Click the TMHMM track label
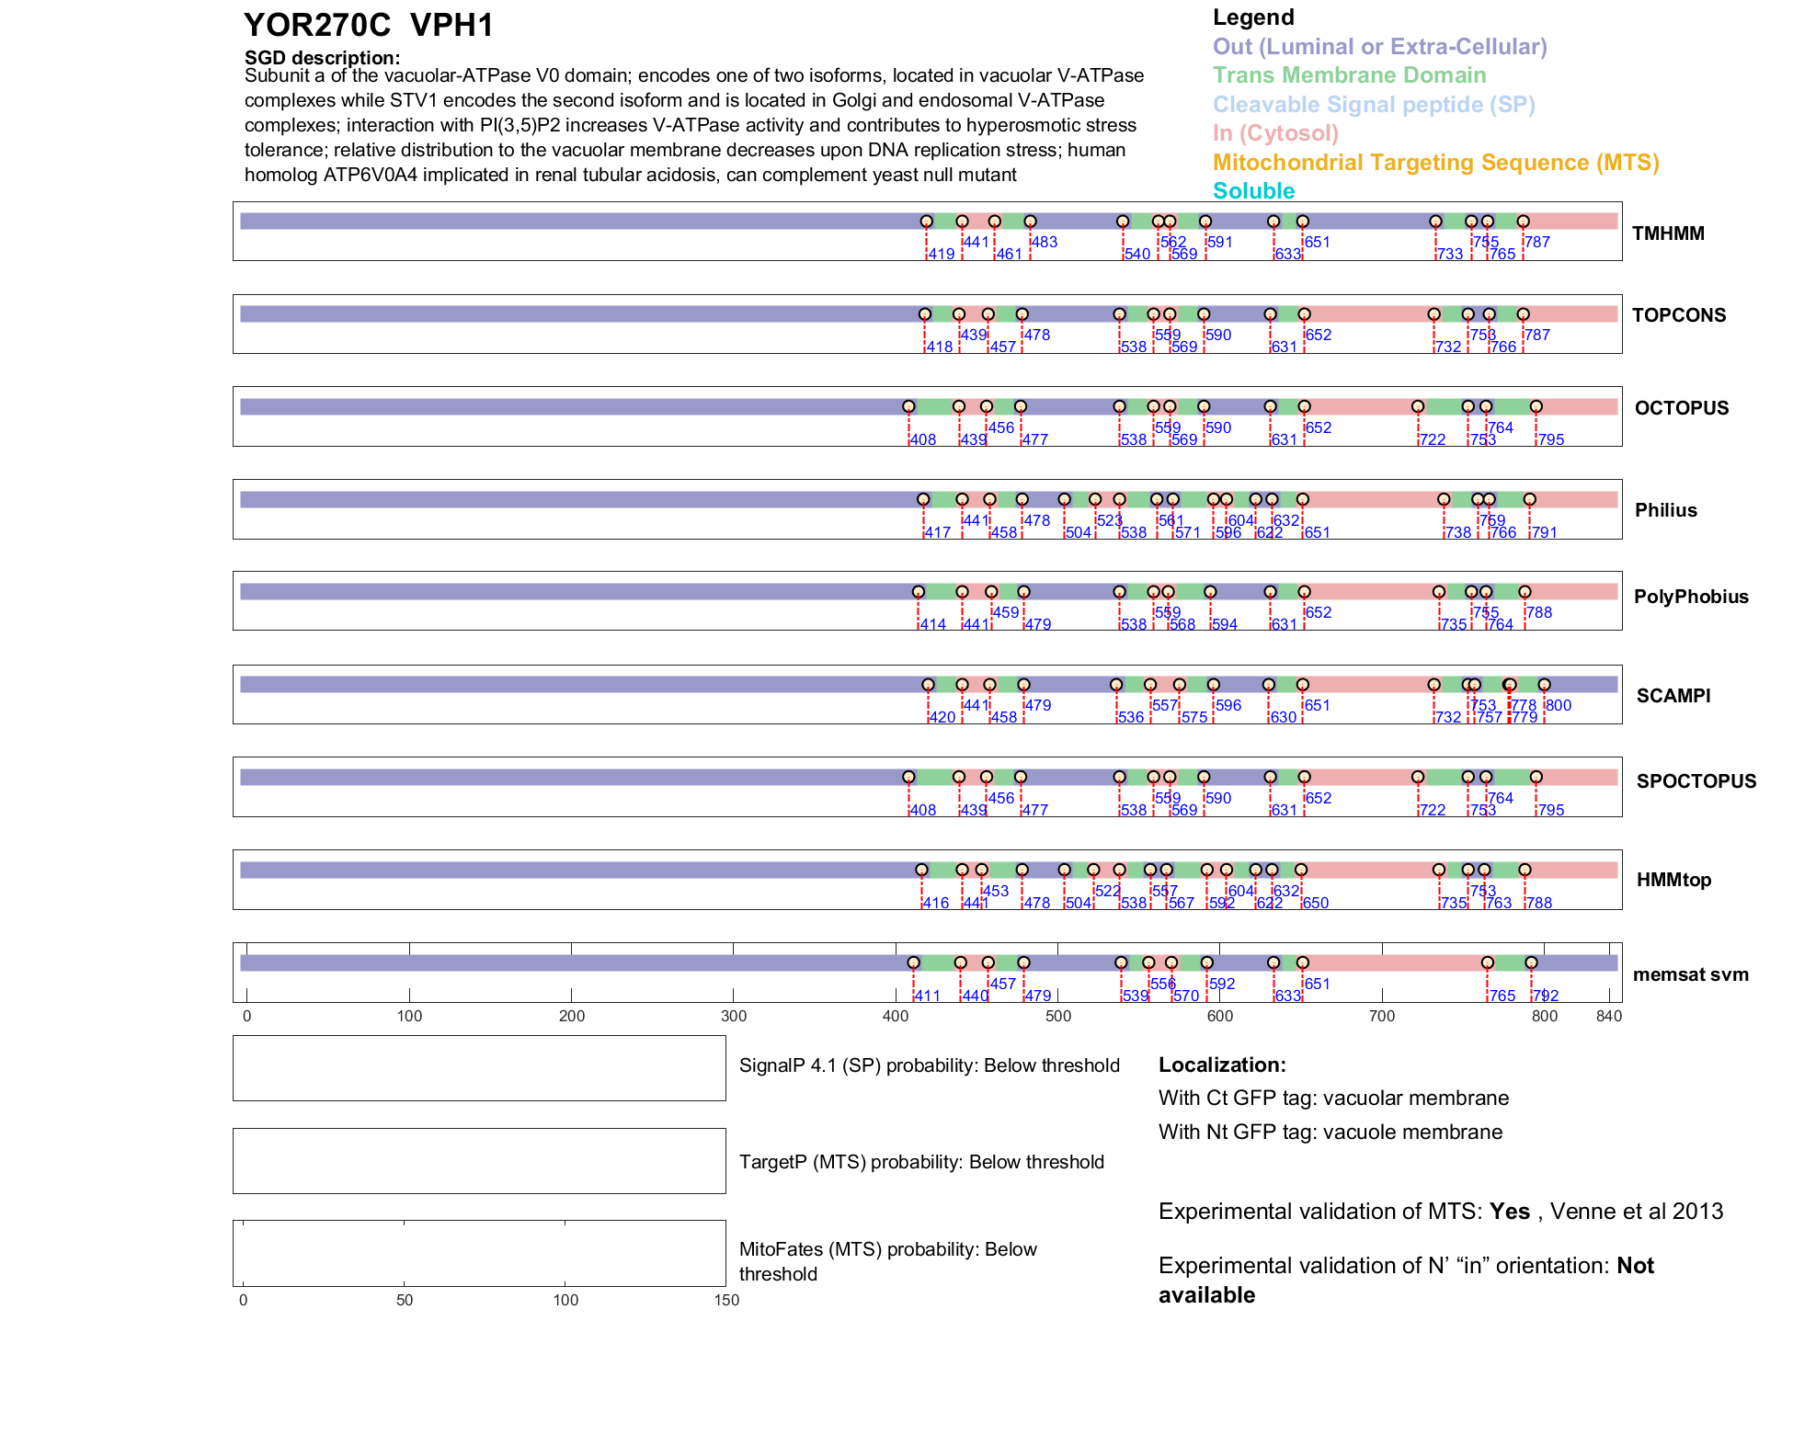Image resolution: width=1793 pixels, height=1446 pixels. point(1667,233)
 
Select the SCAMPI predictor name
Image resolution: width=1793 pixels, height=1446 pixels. point(1673,696)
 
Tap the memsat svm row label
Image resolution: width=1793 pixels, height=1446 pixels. point(1690,974)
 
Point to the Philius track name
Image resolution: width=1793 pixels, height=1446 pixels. point(1665,510)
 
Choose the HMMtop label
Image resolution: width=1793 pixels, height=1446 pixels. point(1673,880)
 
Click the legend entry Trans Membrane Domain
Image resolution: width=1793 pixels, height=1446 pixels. point(1349,75)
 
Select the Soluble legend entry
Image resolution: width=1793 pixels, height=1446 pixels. point(1253,191)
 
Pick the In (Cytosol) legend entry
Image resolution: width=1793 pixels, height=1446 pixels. point(1275,133)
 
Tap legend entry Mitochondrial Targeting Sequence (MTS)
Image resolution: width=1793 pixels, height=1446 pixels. point(1435,163)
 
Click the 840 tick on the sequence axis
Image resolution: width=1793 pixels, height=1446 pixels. point(1609,1016)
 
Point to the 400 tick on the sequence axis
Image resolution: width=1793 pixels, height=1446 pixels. point(896,1016)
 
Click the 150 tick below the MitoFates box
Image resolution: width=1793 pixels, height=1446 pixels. point(726,1300)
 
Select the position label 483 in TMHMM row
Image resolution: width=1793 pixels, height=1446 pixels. point(1044,243)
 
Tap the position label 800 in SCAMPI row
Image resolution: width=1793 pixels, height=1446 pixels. point(1558,705)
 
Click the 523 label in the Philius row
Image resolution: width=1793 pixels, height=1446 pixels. point(1109,520)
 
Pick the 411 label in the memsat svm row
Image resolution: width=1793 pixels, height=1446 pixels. point(927,996)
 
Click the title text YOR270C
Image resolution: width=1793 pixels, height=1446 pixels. point(317,26)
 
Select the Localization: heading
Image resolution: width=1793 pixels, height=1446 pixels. point(1222,1065)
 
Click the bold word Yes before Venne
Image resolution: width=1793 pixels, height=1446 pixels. point(1509,1212)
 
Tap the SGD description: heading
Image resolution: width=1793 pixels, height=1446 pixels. point(322,58)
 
